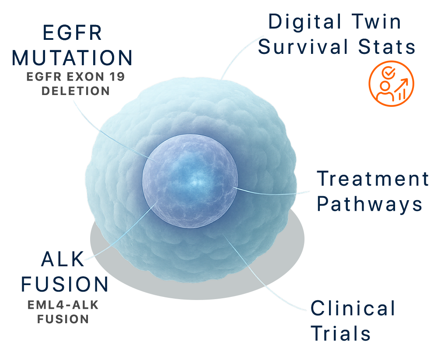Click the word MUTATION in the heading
[x=72, y=58]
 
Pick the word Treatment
[x=373, y=179]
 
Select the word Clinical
[x=353, y=308]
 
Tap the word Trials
[x=341, y=334]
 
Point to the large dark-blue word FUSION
[x=65, y=284]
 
